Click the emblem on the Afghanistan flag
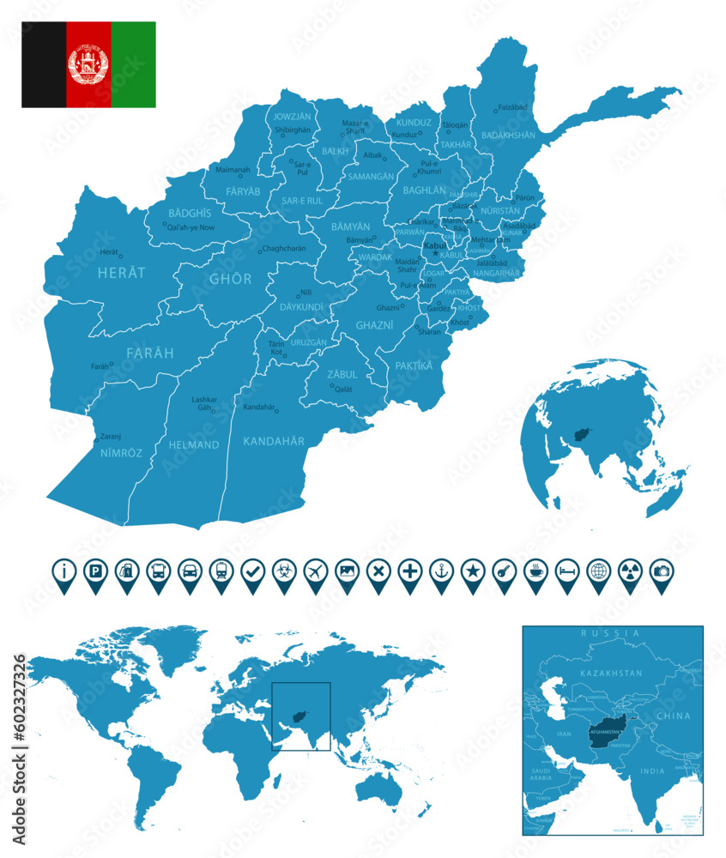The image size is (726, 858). (88, 64)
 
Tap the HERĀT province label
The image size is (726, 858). (122, 272)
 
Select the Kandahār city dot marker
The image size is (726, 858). (277, 411)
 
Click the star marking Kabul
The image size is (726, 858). (435, 253)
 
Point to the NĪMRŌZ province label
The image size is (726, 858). (121, 451)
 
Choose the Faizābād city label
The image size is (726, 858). (513, 107)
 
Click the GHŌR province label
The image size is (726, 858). (231, 279)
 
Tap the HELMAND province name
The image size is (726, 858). (194, 444)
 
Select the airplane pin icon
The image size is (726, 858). (315, 571)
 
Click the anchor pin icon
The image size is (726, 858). (441, 571)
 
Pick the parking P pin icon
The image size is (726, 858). (94, 571)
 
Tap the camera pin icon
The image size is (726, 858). (662, 571)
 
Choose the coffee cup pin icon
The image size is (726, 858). (535, 571)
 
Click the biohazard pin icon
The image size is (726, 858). (284, 571)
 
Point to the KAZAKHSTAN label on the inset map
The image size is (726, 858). (610, 674)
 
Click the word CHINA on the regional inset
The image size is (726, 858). (673, 715)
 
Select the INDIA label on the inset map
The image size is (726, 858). (652, 771)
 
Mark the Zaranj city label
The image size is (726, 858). (111, 435)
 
